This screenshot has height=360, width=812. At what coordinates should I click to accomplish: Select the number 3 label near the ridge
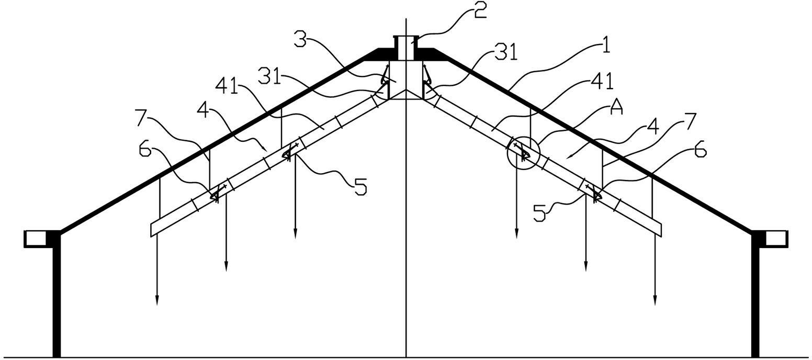point(301,39)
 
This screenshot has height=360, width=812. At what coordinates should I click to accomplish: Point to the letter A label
point(616,107)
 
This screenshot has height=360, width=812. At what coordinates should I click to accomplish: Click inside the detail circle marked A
point(523,153)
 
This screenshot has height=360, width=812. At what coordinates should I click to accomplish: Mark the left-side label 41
point(227,87)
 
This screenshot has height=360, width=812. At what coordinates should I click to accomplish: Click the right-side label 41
point(602,81)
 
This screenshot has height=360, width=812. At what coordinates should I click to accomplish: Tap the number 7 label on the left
point(143,117)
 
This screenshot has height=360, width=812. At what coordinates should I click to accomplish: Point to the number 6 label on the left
point(145,149)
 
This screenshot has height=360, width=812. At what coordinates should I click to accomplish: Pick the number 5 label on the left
point(360,187)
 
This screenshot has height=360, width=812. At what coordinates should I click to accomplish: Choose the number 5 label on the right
point(540,213)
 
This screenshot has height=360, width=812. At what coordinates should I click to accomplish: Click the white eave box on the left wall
point(35,239)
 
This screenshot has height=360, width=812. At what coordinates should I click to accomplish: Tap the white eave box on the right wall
point(777,239)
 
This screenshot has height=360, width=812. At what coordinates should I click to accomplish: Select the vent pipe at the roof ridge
point(405,48)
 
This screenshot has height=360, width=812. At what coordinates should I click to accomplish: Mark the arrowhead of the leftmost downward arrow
point(157,300)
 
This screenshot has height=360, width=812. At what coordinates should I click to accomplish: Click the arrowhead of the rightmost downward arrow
point(655,300)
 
